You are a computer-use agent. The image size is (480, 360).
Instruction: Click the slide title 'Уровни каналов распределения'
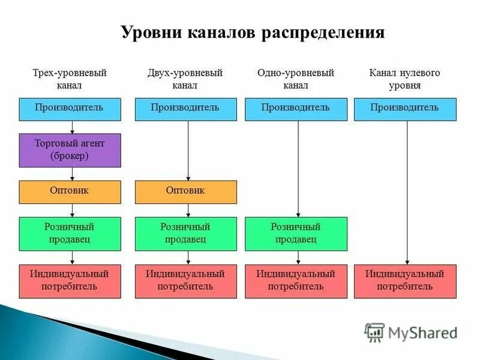pos(253,32)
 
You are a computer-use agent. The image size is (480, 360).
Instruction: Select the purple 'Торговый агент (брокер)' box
pos(70,150)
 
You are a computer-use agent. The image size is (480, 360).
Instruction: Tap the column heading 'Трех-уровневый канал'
pos(70,79)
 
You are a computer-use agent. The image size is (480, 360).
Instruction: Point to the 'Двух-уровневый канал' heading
pos(185,79)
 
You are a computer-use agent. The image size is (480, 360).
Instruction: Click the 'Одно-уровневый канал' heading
pos(296,79)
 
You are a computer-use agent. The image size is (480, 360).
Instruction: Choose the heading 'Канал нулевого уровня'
pos(405,79)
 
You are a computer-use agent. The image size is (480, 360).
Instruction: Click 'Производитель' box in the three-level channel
pos(70,109)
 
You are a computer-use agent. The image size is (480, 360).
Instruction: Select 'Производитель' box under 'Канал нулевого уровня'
pos(405,109)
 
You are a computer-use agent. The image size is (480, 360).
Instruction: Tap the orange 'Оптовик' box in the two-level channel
pos(185,192)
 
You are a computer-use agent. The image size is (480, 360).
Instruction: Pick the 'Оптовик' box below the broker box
pos(70,192)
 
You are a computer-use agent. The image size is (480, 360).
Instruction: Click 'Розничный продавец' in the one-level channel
pos(296,233)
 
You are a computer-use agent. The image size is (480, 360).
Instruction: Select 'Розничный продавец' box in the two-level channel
pos(185,233)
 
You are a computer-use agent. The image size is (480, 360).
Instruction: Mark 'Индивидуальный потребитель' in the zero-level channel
pos(405,281)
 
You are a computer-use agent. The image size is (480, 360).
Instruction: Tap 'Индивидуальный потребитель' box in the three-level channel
pos(70,281)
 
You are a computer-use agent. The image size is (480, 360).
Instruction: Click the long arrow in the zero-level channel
pos(407,192)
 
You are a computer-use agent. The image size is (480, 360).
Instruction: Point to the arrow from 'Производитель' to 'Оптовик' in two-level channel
pos(188,150)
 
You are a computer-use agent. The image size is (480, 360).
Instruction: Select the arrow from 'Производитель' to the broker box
pos(73,127)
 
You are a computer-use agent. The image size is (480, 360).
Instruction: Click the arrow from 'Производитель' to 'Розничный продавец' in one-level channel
pos(298,168)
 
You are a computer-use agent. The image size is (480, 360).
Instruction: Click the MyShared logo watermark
pos(412,332)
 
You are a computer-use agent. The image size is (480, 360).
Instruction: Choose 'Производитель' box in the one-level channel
pos(296,109)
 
